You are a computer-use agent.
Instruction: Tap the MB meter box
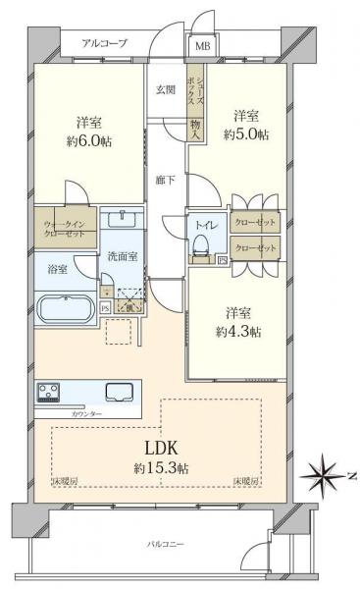(x=200, y=45)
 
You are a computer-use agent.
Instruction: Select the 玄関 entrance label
(x=165, y=90)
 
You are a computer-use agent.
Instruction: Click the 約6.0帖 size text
(x=89, y=141)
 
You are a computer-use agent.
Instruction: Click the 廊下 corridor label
(x=165, y=180)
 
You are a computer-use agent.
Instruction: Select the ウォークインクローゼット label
(x=63, y=230)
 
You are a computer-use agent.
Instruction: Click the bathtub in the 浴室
(x=65, y=308)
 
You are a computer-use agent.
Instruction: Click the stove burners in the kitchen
(x=49, y=392)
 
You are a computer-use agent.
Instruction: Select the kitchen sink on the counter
(x=122, y=391)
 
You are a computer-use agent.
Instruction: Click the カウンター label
(x=87, y=413)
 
